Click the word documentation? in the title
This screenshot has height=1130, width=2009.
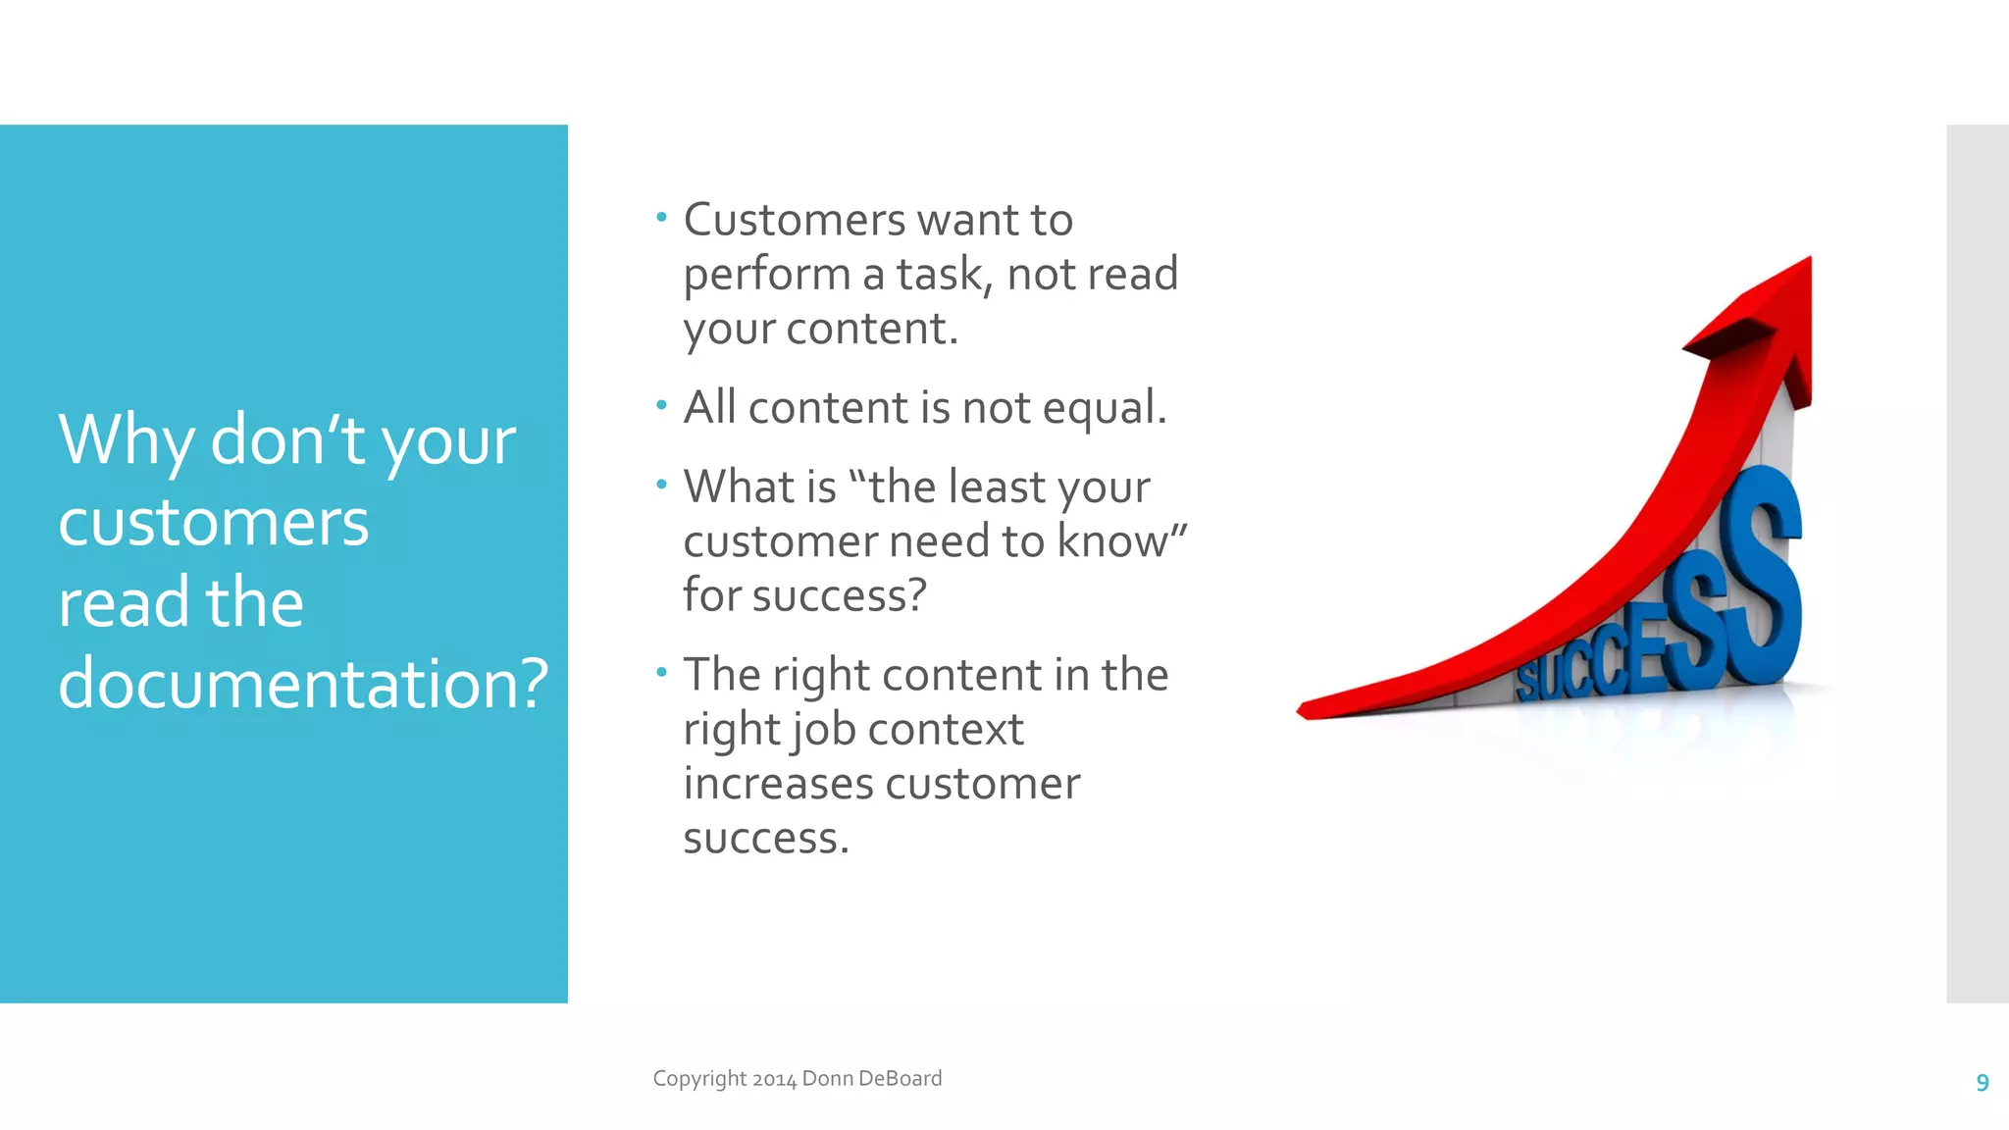(302, 683)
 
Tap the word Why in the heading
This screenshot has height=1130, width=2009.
(126, 441)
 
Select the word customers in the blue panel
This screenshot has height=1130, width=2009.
(213, 523)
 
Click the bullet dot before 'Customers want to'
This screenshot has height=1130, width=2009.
(661, 216)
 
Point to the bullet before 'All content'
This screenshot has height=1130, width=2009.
(661, 403)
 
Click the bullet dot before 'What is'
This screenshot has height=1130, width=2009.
(661, 483)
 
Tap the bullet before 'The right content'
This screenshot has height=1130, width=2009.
(661, 671)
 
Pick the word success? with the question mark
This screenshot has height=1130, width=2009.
(839, 595)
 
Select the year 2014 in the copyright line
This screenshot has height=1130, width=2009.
(774, 1079)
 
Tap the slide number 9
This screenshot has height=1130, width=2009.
(1982, 1082)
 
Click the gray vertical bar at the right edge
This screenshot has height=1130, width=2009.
(1977, 563)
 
